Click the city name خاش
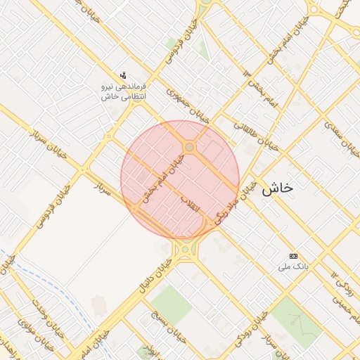(x=277, y=188)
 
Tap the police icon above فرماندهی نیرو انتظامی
(x=124, y=75)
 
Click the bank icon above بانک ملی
(x=293, y=256)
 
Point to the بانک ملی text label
(x=295, y=267)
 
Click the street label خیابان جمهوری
(x=188, y=105)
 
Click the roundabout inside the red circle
(x=190, y=146)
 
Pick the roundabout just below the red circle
(x=185, y=247)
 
